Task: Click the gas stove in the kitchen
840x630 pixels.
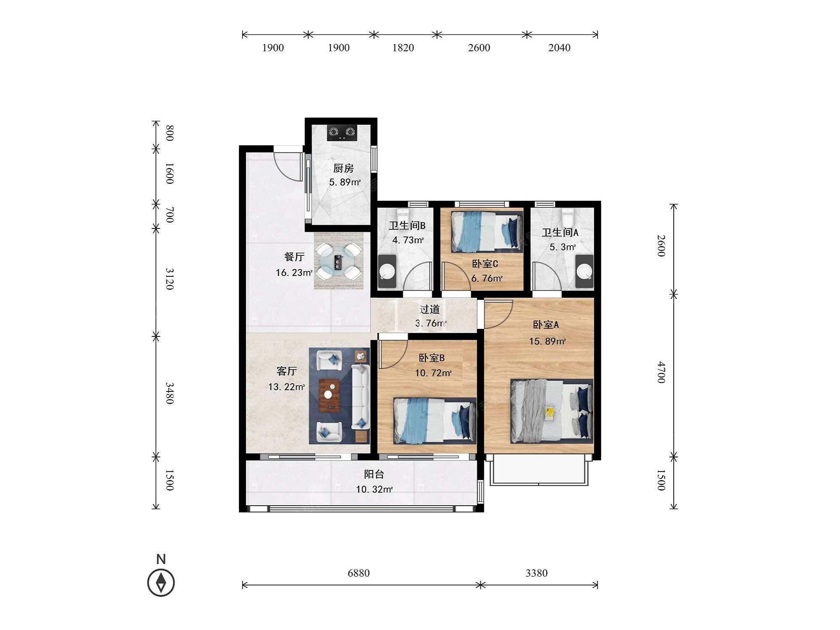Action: click(342, 133)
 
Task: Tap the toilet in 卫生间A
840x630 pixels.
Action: click(567, 217)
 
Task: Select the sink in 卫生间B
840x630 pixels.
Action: click(387, 271)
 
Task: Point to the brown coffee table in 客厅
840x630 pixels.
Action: click(329, 396)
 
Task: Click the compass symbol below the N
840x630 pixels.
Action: click(161, 583)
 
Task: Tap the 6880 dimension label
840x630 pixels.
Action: click(359, 573)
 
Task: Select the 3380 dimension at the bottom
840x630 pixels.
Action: click(536, 573)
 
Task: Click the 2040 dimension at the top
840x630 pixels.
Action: click(559, 47)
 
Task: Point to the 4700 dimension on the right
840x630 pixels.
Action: click(661, 372)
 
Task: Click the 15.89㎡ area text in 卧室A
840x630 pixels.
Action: click(547, 341)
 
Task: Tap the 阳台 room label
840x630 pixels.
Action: click(374, 474)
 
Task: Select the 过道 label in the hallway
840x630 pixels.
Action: click(430, 310)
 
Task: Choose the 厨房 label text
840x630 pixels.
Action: click(344, 168)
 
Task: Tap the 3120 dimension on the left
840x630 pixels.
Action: click(169, 279)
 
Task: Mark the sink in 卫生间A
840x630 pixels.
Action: click(584, 271)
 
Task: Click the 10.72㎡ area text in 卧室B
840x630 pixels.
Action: click(433, 373)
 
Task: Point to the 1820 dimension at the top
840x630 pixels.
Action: click(403, 47)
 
